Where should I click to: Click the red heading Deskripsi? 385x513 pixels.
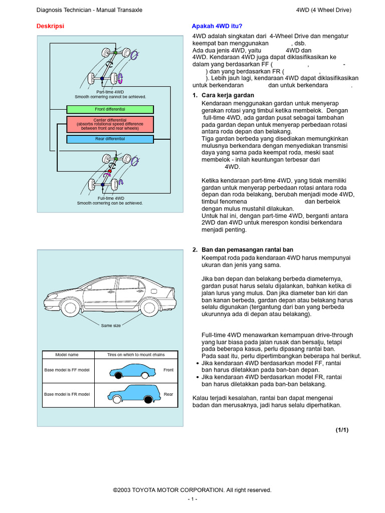point(51,26)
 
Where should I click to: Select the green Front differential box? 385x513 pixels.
point(110,109)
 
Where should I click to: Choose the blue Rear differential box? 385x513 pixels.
point(110,139)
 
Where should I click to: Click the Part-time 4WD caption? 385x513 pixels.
point(110,92)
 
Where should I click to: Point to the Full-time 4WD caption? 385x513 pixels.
point(111,198)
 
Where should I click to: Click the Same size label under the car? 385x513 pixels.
point(111,326)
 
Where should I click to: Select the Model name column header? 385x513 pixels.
point(67,355)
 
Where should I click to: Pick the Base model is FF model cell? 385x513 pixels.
point(67,370)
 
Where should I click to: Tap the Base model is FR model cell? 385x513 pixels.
point(67,394)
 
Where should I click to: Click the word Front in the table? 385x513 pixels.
point(168,370)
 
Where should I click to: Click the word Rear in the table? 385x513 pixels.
point(168,394)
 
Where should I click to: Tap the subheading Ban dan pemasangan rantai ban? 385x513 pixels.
point(247,249)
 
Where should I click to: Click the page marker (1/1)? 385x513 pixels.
point(342,430)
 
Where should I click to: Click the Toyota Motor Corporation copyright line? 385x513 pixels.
point(192,490)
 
